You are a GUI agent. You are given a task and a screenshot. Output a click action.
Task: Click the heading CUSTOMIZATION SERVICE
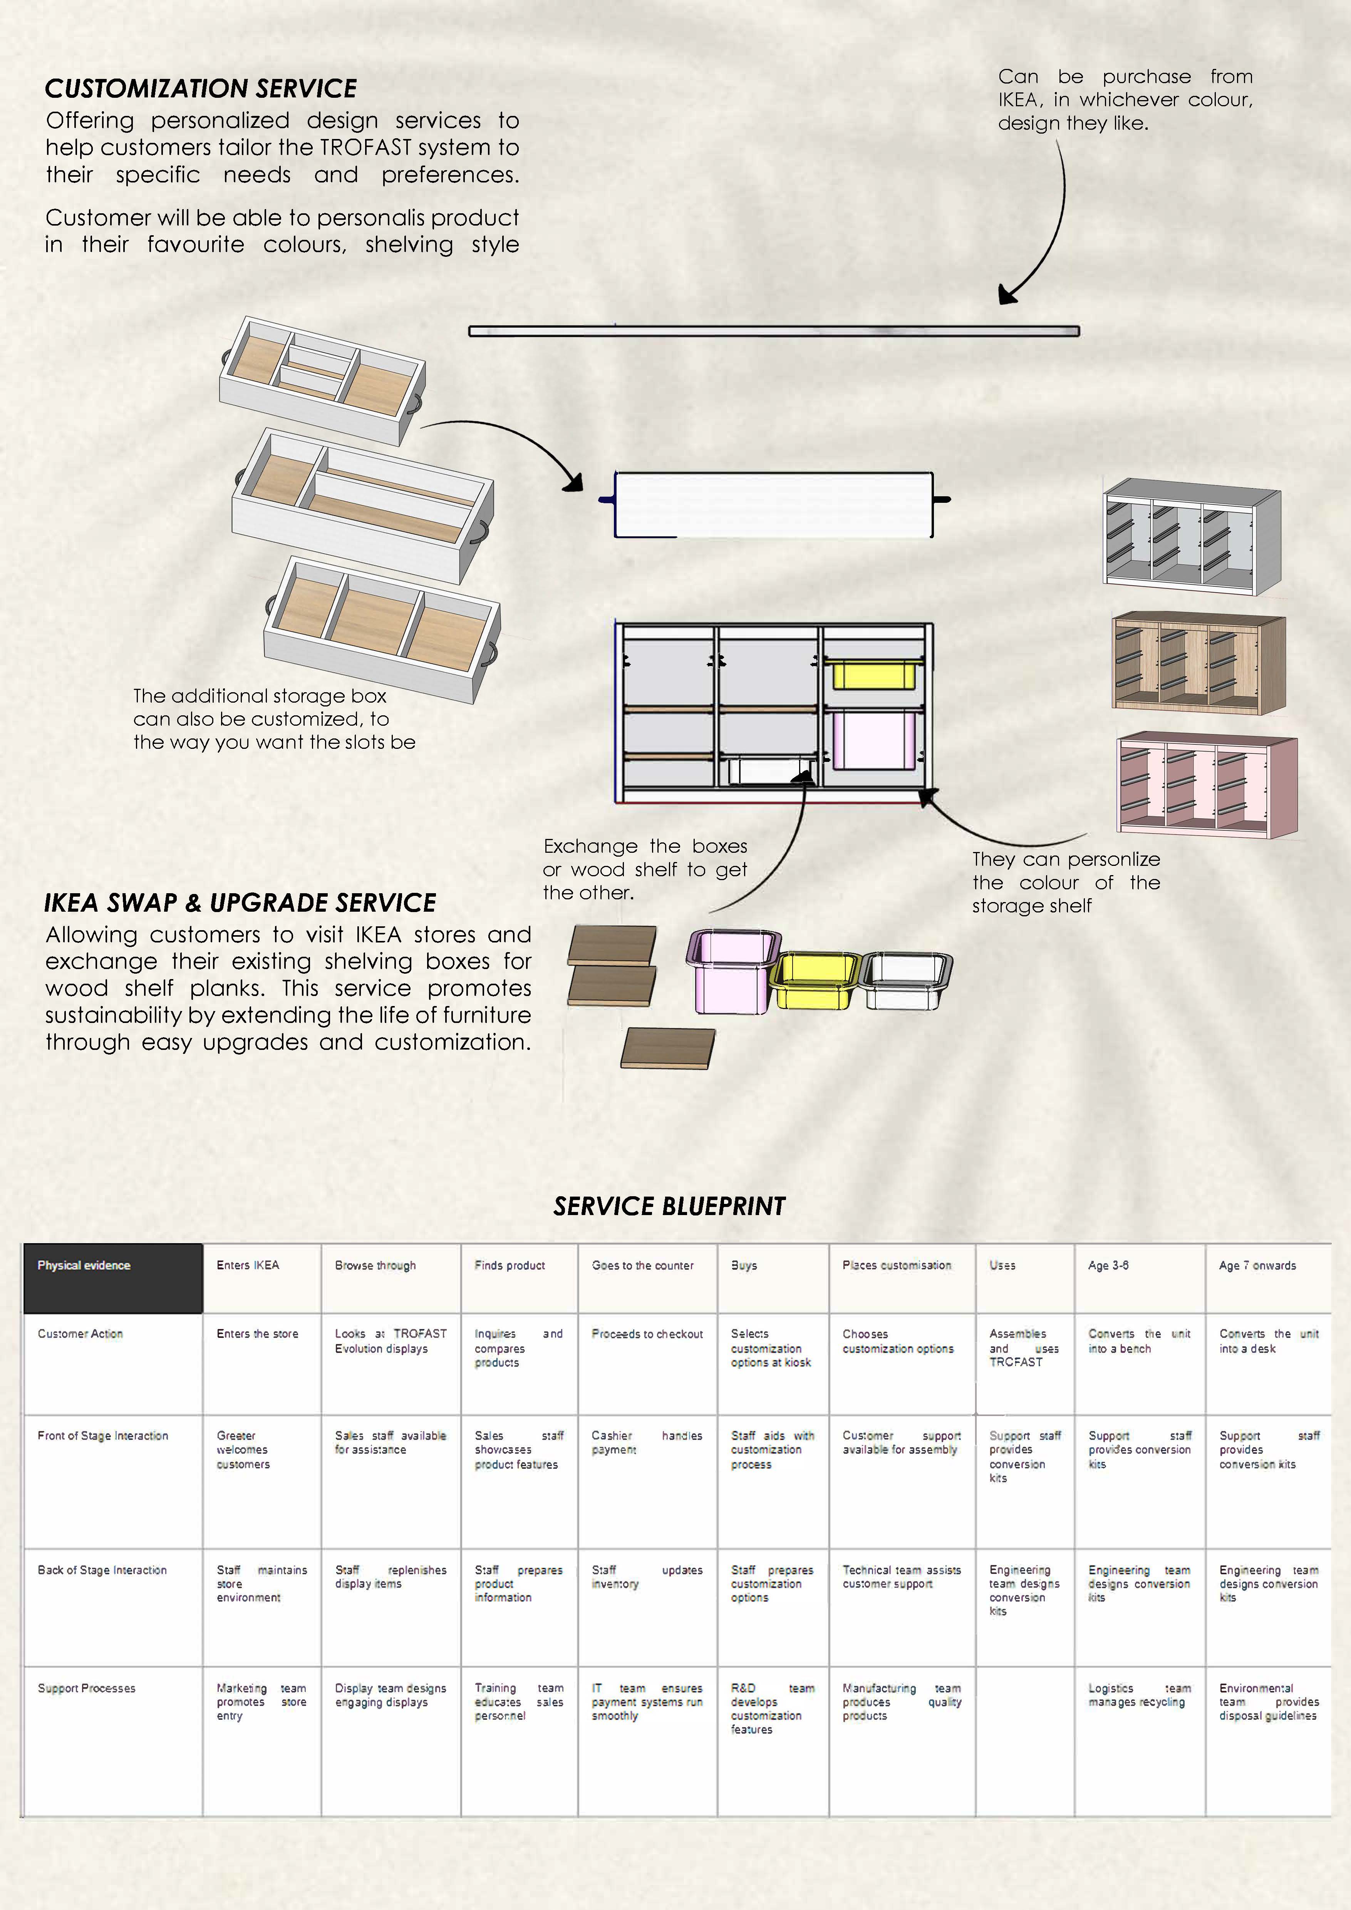click(x=201, y=88)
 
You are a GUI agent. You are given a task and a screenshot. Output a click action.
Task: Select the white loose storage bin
click(x=904, y=982)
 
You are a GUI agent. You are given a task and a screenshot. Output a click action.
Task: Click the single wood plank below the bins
click(x=667, y=1047)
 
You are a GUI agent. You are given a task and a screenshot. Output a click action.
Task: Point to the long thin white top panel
click(x=774, y=331)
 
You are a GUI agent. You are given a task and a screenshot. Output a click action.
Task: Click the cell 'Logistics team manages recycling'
click(x=1139, y=1694)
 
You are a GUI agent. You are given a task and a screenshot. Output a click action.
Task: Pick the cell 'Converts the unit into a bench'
click(x=1139, y=1341)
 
